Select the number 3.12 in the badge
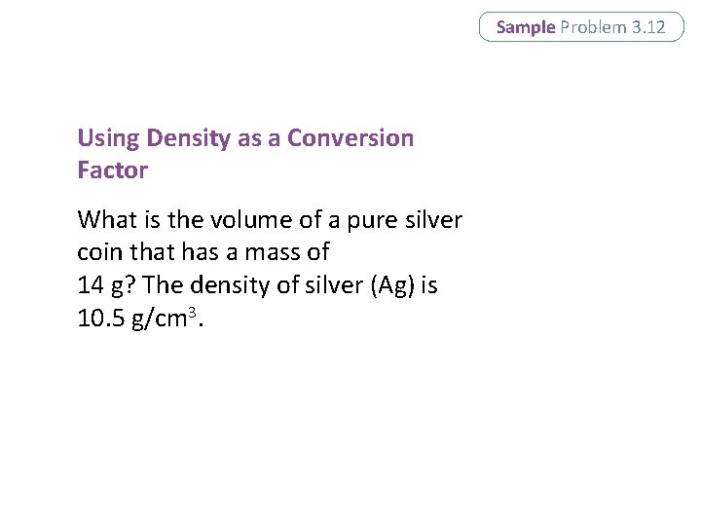point(648,27)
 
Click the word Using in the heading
point(108,138)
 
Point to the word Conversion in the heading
point(350,138)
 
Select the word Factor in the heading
point(112,170)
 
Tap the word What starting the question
point(104,219)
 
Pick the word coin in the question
point(99,252)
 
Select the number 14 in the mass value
point(89,286)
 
